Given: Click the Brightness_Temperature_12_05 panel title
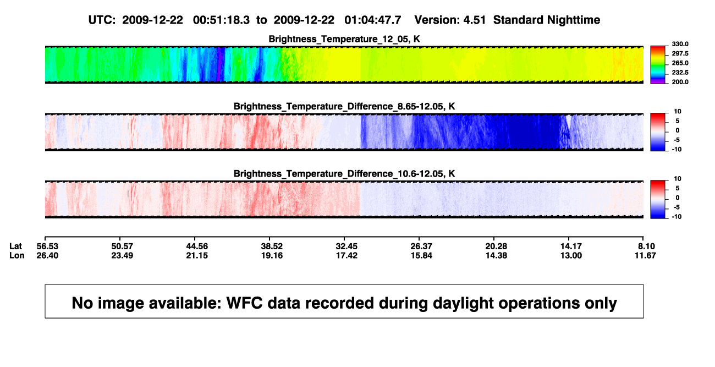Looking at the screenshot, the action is (x=344, y=39).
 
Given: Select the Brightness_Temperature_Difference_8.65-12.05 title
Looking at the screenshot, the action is (x=344, y=106).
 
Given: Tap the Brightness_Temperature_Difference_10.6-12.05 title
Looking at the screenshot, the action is (x=344, y=174).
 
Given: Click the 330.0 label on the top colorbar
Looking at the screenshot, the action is (x=680, y=44).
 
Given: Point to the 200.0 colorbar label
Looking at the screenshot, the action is (x=680, y=82).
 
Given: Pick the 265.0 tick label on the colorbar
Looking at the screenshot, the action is (x=680, y=63).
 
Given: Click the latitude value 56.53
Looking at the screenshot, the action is (x=47, y=247).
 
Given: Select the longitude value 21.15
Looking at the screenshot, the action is (x=197, y=255).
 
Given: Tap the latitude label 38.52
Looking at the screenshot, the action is (x=272, y=247).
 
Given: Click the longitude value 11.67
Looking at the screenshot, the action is (x=645, y=255).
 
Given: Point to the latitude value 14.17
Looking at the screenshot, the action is (x=571, y=247).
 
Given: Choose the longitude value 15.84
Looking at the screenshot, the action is (x=421, y=255).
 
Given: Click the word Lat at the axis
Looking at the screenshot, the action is (x=15, y=247).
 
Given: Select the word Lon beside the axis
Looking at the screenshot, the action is (x=17, y=255).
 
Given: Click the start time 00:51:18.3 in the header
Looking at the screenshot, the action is (x=221, y=20).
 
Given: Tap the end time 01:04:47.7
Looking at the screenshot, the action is (x=373, y=20).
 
